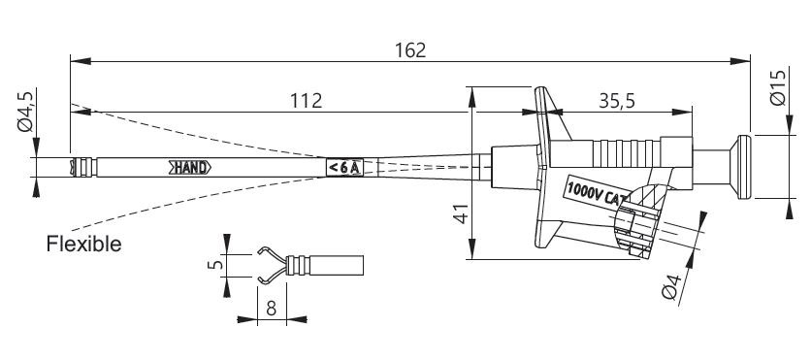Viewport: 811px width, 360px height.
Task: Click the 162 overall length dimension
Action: pos(410,50)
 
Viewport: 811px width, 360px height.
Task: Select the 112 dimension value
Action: pos(306,101)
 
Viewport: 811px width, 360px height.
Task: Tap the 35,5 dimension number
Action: pos(617,101)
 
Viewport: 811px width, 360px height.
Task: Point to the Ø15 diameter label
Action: pos(777,87)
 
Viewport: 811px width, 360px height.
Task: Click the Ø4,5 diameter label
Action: pos(25,111)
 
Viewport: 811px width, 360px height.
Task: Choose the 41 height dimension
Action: pos(461,213)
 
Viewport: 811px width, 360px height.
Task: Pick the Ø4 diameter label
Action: pos(672,287)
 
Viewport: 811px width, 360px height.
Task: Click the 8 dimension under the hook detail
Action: pos(271,309)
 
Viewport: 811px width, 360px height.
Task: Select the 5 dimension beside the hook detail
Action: pos(217,264)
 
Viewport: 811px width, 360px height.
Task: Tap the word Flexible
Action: pos(83,244)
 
